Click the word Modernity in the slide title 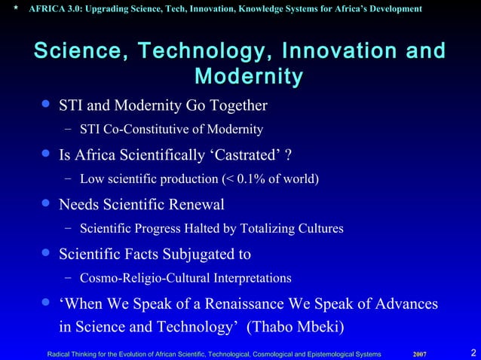pos(249,77)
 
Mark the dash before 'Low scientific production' pos(68,178)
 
